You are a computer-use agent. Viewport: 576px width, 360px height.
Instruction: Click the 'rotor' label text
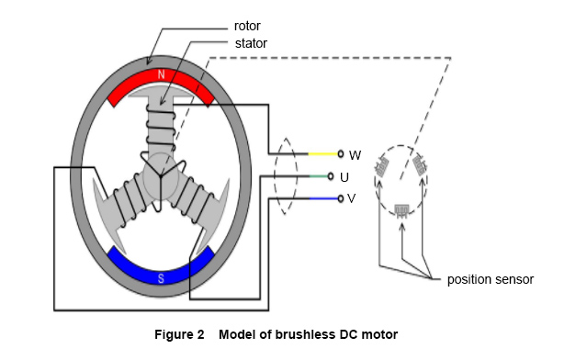[247, 26]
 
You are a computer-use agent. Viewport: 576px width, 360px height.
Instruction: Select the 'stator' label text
[251, 43]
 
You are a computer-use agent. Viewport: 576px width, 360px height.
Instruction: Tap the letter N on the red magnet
[161, 74]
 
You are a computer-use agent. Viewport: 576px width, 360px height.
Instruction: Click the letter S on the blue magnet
[161, 278]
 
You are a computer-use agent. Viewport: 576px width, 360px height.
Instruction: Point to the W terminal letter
[355, 155]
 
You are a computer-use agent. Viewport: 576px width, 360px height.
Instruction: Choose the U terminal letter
[344, 177]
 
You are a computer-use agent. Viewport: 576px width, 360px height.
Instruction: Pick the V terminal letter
[351, 198]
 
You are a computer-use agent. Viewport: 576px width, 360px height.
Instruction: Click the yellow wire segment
[322, 153]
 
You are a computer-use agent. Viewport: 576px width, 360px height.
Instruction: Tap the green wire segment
[318, 176]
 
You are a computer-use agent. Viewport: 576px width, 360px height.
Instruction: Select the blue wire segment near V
[323, 198]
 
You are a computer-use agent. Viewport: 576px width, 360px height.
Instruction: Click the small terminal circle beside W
[341, 153]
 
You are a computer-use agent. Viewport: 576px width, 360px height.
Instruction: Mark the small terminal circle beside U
[331, 176]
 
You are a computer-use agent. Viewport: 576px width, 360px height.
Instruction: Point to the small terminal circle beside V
[341, 198]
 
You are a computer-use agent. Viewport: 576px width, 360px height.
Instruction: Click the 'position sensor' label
[490, 279]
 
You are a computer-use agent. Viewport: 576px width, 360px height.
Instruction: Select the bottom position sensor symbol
[401, 211]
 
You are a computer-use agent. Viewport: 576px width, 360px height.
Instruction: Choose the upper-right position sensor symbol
[420, 165]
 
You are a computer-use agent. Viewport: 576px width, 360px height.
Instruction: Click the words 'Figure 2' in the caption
[179, 334]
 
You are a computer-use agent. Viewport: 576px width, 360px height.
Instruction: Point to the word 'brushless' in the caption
[305, 334]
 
